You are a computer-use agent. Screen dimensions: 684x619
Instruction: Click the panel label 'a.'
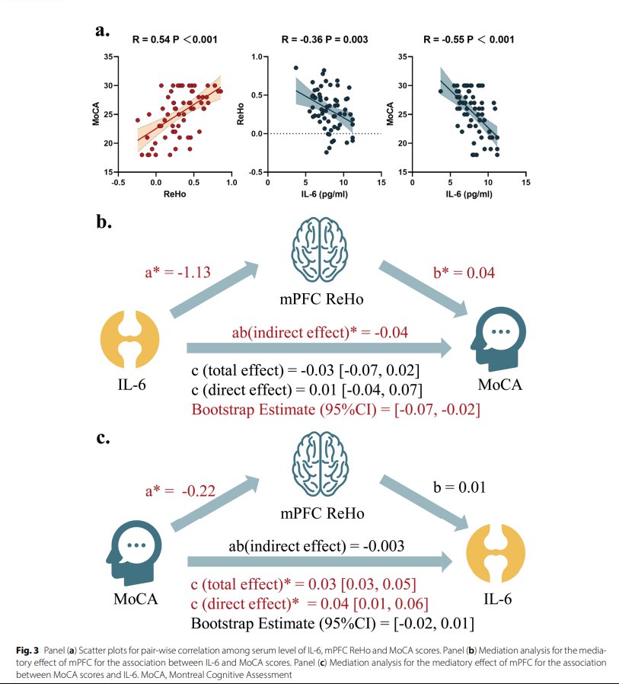[104, 31]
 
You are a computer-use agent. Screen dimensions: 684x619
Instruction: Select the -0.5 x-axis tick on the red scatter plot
[117, 183]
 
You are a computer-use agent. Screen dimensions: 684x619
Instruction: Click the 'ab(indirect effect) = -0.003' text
[317, 546]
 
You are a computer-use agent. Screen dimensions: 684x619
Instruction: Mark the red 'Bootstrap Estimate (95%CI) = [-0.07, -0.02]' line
[334, 409]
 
